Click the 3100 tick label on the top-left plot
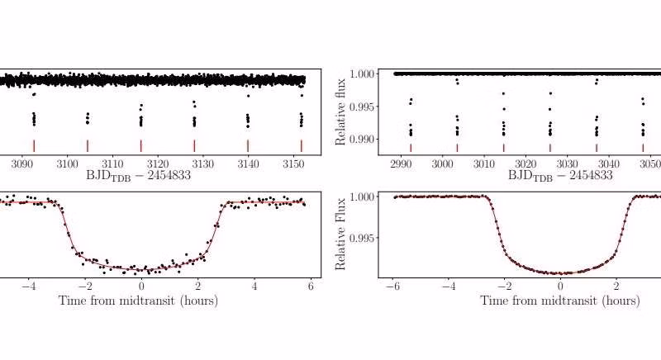[x=62, y=163]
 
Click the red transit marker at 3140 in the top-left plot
[x=248, y=145]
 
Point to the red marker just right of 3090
[x=34, y=145]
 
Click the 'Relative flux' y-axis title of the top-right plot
[x=341, y=111]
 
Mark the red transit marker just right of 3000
[x=457, y=148]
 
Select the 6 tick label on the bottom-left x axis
[x=310, y=287]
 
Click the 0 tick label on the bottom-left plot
[x=141, y=287]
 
